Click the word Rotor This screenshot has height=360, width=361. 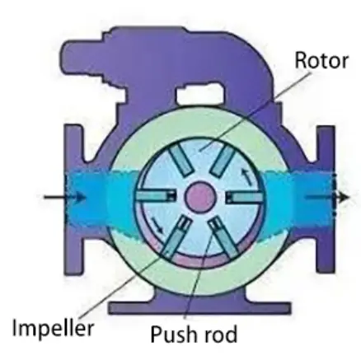tap(321, 60)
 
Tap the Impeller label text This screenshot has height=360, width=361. tap(53, 329)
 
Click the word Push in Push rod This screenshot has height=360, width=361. tap(174, 334)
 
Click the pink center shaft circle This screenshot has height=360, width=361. tap(199, 197)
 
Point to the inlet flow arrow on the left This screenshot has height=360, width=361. tap(65, 197)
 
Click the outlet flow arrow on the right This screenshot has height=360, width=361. tap(327, 197)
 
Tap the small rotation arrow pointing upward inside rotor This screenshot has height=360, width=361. tap(247, 176)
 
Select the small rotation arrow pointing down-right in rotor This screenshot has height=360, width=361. tap(157, 224)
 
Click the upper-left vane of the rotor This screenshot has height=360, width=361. tap(180, 161)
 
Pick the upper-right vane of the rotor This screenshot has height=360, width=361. tap(223, 160)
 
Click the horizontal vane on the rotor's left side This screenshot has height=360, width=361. tap(156, 196)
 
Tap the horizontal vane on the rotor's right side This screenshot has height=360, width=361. tap(244, 197)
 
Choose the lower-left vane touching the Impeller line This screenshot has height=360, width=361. tap(176, 236)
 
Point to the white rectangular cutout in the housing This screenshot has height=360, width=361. tap(199, 96)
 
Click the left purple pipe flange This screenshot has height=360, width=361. tap(73, 199)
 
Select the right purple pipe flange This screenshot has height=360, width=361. tap(326, 199)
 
